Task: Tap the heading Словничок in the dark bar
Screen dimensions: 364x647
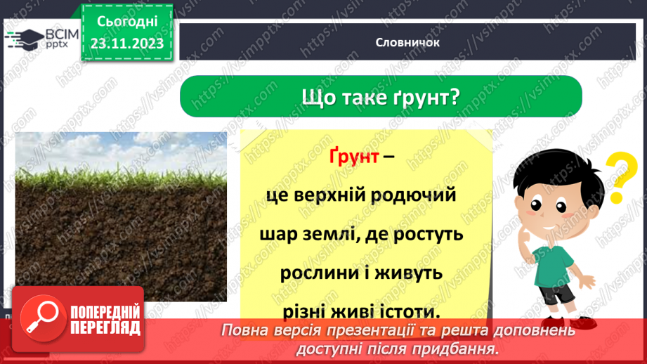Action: (x=407, y=42)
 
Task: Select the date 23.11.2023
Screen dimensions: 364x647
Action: (x=127, y=44)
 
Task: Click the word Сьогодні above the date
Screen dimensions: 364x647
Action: (x=127, y=22)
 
